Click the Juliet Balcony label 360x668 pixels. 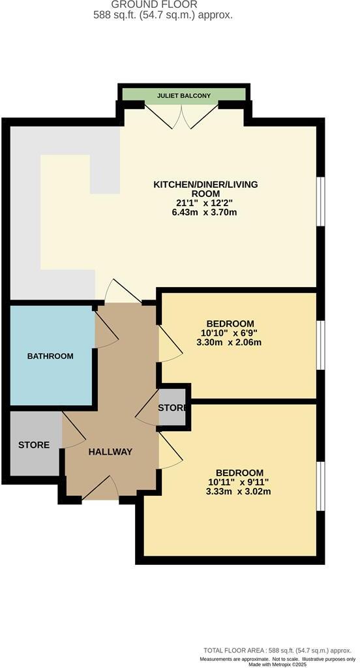(184, 96)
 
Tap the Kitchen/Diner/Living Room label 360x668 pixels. (205, 189)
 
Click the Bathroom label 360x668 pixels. (50, 356)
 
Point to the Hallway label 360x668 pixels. (110, 451)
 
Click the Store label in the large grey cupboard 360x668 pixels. (34, 445)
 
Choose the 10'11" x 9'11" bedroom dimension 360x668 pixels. (234, 483)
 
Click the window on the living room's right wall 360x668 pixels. (320, 202)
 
